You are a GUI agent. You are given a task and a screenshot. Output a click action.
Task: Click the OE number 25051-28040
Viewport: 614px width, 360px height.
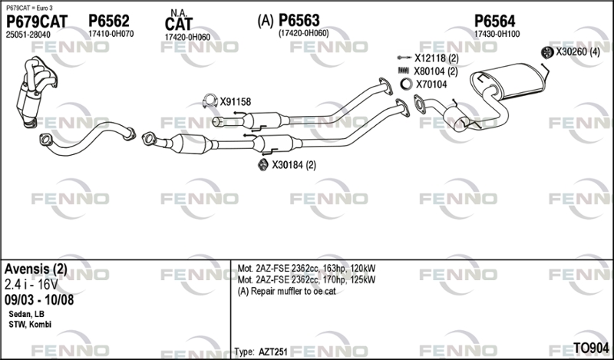tap(28, 35)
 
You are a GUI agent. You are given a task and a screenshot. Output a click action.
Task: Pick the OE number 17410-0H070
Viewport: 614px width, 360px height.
tap(111, 35)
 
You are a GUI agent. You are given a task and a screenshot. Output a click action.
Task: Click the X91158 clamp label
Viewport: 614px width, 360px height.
tap(235, 101)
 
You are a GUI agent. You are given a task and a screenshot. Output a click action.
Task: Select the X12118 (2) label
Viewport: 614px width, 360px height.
tap(436, 58)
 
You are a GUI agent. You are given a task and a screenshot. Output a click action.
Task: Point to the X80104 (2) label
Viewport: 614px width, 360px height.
tap(436, 71)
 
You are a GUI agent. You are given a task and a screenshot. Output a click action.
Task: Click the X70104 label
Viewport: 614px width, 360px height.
tap(431, 84)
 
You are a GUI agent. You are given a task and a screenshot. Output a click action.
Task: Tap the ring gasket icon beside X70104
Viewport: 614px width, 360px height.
tap(404, 84)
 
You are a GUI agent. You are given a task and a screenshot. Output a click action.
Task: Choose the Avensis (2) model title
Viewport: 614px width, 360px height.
tap(36, 269)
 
